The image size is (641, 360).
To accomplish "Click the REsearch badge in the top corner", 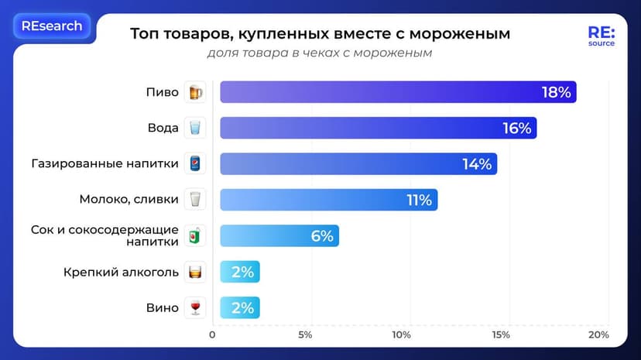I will (52, 26).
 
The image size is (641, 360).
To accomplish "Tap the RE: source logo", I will (601, 36).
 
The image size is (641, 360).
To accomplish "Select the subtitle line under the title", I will (319, 53).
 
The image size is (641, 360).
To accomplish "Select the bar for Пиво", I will (398, 92).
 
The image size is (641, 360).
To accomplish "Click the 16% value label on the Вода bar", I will (516, 129).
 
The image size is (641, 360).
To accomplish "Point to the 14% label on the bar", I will (476, 164).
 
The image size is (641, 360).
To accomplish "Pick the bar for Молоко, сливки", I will (328, 200).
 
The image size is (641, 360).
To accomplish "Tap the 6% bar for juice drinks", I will (279, 236).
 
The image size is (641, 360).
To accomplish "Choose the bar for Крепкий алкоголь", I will (240, 272).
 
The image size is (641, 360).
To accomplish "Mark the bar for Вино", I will (240, 308).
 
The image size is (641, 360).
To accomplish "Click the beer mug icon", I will (194, 92).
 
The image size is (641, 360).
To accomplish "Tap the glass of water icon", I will (194, 129).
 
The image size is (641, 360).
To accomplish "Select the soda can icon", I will (194, 164).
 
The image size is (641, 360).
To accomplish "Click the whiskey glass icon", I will (194, 272).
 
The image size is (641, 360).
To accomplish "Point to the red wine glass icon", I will (194, 308).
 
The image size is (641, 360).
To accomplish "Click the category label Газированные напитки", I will (105, 164).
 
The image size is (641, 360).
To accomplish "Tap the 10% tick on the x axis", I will (401, 335).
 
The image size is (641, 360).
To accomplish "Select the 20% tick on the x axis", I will (598, 335).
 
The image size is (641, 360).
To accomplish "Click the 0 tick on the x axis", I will (213, 335).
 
